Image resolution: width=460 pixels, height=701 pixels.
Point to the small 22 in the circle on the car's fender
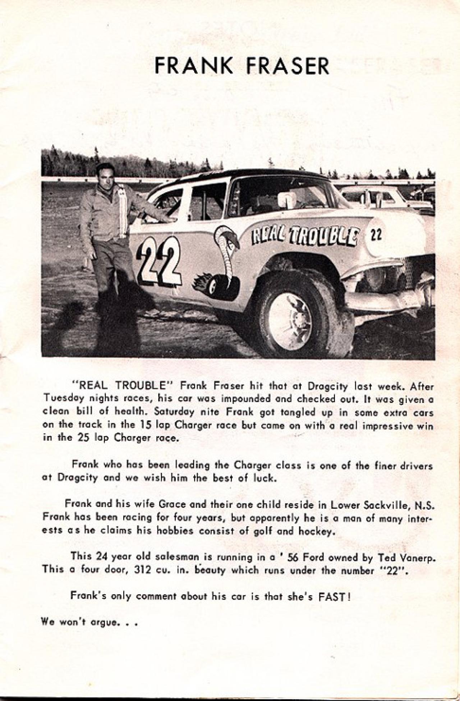[376, 235]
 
